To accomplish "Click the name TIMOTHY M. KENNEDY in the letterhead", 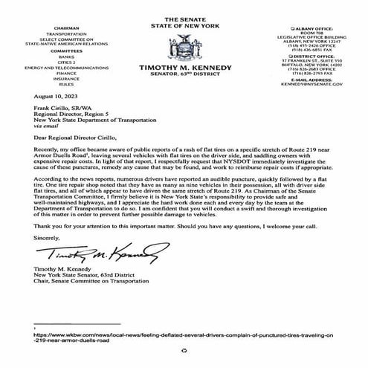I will point(183,68).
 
